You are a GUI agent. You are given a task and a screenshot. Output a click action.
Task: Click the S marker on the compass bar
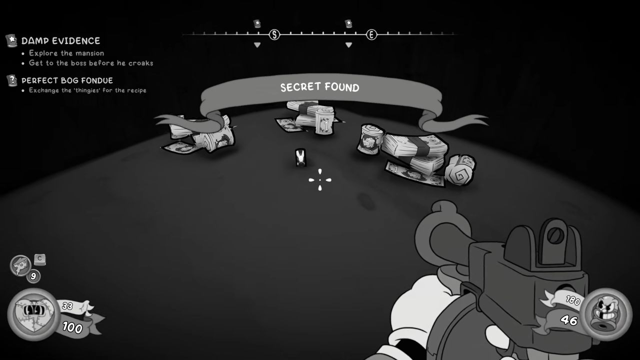274,35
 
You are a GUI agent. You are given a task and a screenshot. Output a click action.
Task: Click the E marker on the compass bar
371,35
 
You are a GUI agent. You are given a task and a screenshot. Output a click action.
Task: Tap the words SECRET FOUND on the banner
319,87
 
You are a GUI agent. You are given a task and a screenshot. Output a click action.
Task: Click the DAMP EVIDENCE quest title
60,41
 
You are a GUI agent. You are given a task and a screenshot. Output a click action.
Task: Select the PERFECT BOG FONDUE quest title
67,80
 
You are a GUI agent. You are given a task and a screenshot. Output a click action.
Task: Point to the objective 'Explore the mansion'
66,53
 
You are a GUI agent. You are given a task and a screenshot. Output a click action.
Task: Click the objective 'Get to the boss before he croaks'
91,63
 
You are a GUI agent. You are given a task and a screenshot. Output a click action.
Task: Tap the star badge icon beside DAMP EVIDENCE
11,40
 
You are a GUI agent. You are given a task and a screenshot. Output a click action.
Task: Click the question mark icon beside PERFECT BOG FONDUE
12,80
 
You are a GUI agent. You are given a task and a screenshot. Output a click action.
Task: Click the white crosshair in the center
320,179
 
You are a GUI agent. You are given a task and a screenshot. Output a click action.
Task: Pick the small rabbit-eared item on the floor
300,157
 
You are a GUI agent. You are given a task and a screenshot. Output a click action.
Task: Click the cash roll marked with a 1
324,121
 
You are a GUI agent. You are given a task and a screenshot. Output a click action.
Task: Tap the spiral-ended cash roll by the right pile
459,170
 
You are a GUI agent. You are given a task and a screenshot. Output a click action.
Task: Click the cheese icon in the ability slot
20,265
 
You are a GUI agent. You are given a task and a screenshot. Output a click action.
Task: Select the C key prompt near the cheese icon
39,259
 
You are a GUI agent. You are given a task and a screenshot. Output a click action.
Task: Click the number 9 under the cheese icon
33,276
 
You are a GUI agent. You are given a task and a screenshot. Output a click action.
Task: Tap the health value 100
72,327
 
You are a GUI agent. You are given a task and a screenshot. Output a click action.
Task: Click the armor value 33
67,306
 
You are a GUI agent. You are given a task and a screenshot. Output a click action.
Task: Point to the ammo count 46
568,320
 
